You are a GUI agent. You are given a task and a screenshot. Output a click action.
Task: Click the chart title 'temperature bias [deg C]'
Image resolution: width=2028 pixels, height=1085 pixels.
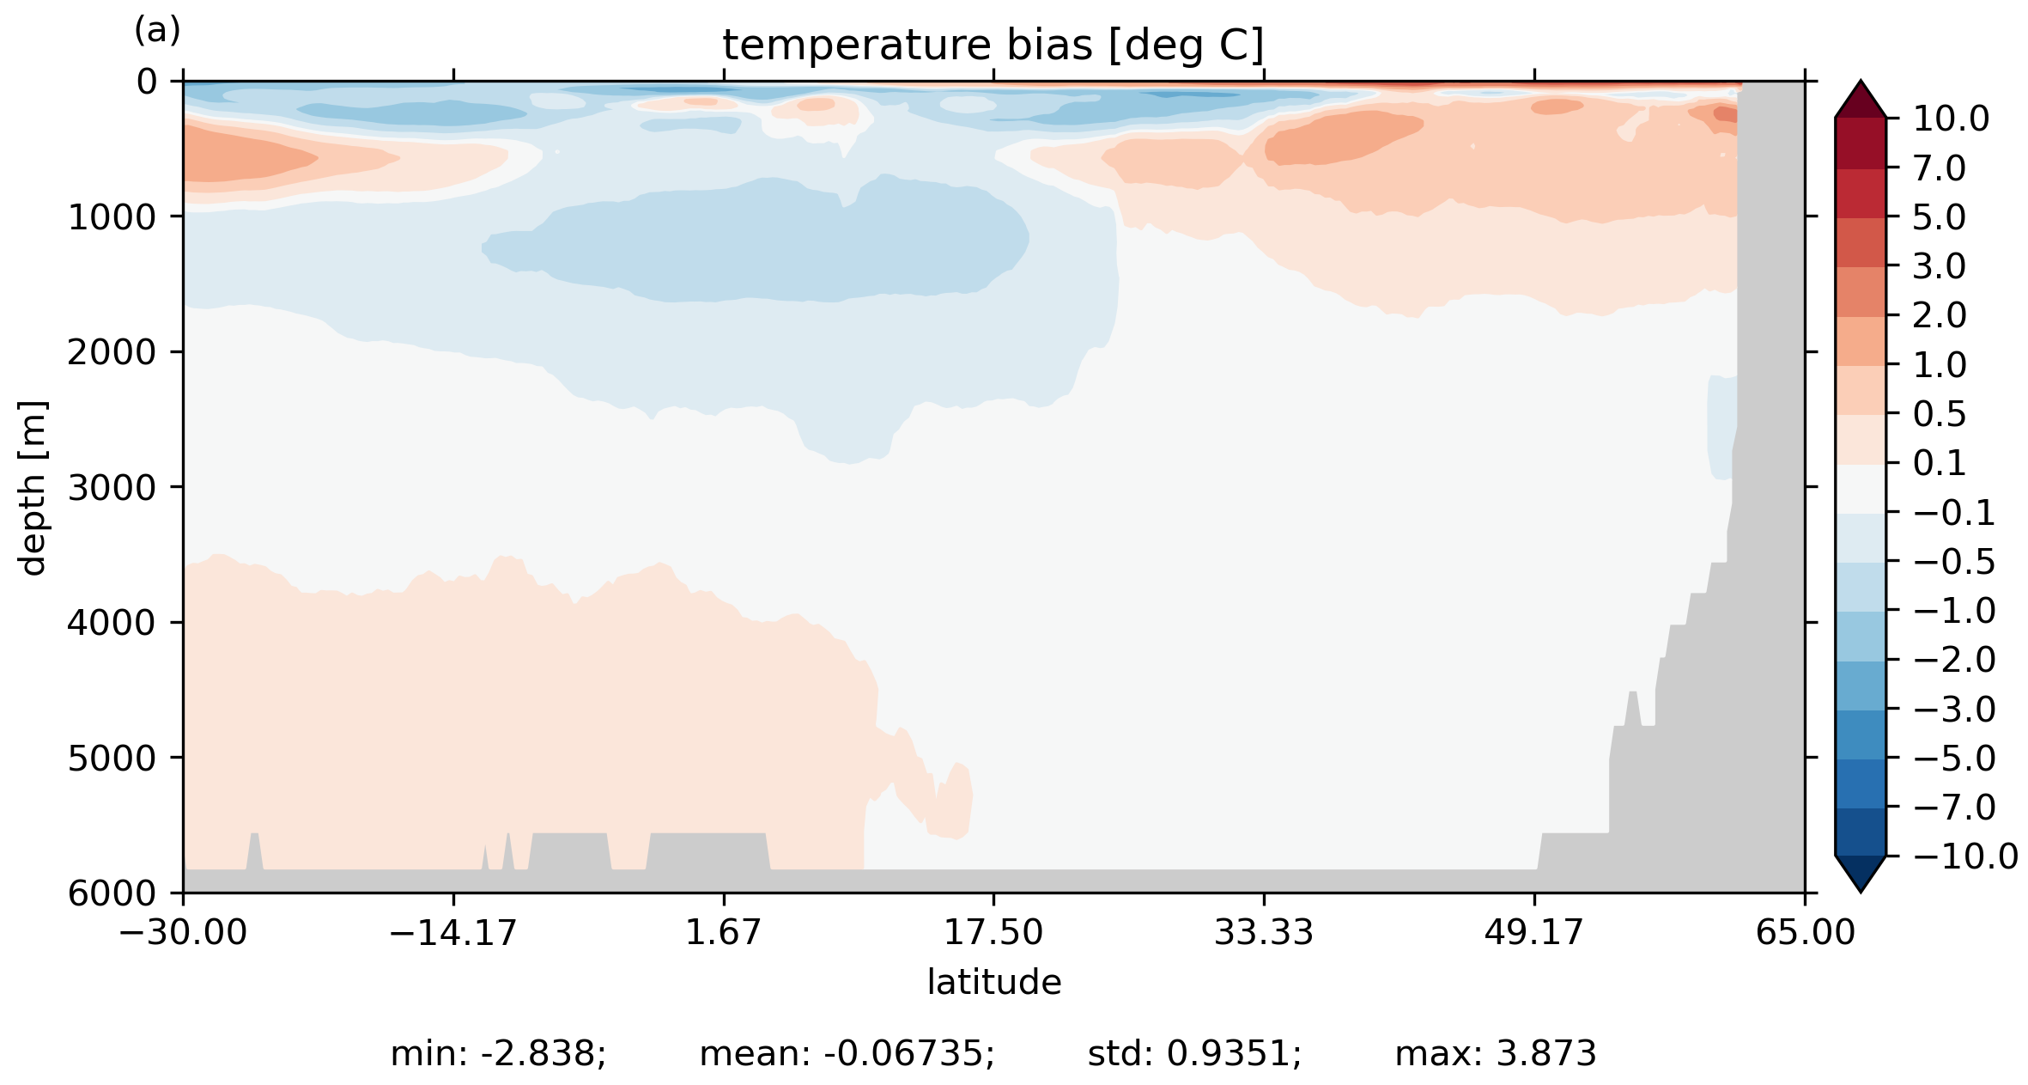coord(993,46)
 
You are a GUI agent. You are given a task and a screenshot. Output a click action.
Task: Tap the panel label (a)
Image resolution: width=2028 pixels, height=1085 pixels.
coord(157,31)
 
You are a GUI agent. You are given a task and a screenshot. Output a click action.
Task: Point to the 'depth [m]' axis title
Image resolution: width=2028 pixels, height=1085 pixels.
coord(33,487)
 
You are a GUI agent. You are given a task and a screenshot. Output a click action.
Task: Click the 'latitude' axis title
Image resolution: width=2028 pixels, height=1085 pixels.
coord(993,982)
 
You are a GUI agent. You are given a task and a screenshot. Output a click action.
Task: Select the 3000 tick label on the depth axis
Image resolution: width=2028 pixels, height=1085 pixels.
coord(112,488)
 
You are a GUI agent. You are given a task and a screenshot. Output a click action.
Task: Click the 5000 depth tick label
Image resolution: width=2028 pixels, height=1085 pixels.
coord(112,759)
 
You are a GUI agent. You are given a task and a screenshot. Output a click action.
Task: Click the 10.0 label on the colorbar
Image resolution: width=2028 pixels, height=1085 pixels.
coord(1951,119)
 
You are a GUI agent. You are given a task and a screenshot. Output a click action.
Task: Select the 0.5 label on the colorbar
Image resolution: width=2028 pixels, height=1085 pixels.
coord(1940,415)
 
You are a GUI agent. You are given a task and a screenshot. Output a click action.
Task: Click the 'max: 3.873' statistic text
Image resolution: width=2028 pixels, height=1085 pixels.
coord(1495,1054)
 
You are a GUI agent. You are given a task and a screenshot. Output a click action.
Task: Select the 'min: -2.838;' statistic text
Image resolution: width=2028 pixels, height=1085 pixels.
coord(498,1054)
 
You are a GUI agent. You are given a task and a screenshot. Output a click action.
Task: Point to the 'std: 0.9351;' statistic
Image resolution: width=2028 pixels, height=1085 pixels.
coord(1194,1054)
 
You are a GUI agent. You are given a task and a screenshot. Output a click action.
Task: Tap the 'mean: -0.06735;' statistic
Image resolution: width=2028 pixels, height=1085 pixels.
coord(847,1054)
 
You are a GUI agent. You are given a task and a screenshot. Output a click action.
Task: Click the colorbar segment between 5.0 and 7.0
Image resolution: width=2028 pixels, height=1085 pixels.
coord(1861,193)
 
